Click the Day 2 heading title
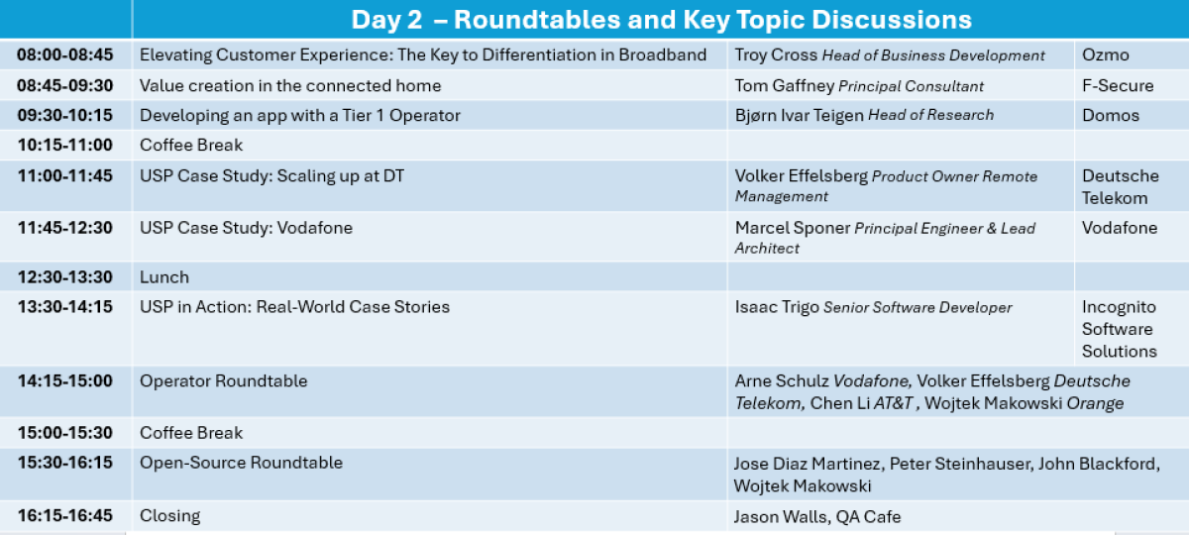(661, 20)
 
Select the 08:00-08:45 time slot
(64, 54)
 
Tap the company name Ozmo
(1105, 54)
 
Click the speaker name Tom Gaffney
(785, 85)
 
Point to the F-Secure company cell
(1118, 85)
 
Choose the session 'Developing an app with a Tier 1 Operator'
(300, 115)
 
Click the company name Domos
(1111, 115)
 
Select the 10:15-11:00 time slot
(64, 145)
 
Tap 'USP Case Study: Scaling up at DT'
(271, 175)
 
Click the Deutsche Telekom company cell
(1120, 187)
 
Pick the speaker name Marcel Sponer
(793, 228)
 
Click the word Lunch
(164, 277)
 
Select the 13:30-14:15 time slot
(64, 307)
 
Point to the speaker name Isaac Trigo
(777, 307)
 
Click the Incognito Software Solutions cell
(1119, 329)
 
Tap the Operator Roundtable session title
(224, 381)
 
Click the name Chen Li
(840, 403)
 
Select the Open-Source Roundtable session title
(241, 463)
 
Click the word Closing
(169, 516)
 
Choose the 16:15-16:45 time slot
(64, 515)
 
